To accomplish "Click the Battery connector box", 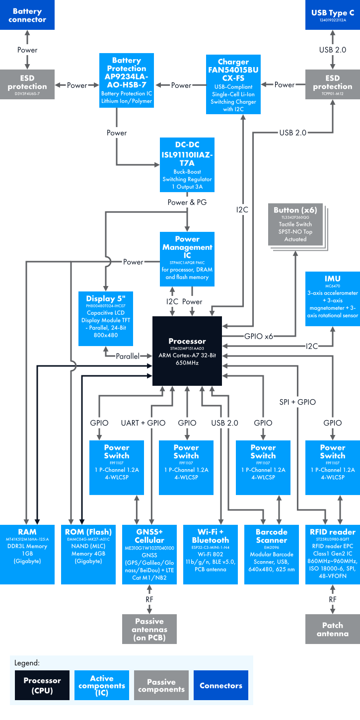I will (27, 15).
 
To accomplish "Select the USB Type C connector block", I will (332, 15).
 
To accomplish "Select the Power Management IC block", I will (187, 258).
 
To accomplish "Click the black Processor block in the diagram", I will (187, 350).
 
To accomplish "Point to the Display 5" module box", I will (106, 318).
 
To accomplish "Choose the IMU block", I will (332, 298).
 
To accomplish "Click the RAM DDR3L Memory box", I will (27, 547).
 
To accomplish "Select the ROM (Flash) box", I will (88, 547).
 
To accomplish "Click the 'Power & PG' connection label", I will (187, 202).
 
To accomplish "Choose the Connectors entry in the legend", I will (220, 685).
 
